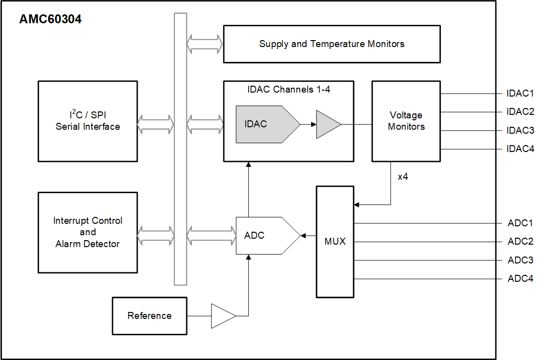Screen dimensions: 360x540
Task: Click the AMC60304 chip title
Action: point(50,20)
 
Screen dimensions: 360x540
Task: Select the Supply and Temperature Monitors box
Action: point(331,44)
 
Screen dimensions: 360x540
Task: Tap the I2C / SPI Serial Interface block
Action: point(88,121)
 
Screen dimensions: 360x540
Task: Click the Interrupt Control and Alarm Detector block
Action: point(88,232)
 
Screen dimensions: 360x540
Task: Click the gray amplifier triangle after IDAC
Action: point(327,124)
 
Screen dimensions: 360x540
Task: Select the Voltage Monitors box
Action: point(406,121)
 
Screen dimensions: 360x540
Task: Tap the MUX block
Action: point(335,242)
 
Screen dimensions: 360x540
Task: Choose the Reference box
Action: point(149,316)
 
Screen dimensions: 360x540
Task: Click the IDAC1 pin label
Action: point(520,94)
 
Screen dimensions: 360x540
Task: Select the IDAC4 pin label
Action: point(520,149)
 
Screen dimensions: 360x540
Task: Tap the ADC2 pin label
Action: point(520,242)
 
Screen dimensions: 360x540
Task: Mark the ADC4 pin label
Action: point(520,279)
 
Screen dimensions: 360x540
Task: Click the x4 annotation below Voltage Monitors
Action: point(403,177)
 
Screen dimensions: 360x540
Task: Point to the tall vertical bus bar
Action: point(180,149)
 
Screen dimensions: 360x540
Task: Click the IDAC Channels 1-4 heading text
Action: point(288,90)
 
